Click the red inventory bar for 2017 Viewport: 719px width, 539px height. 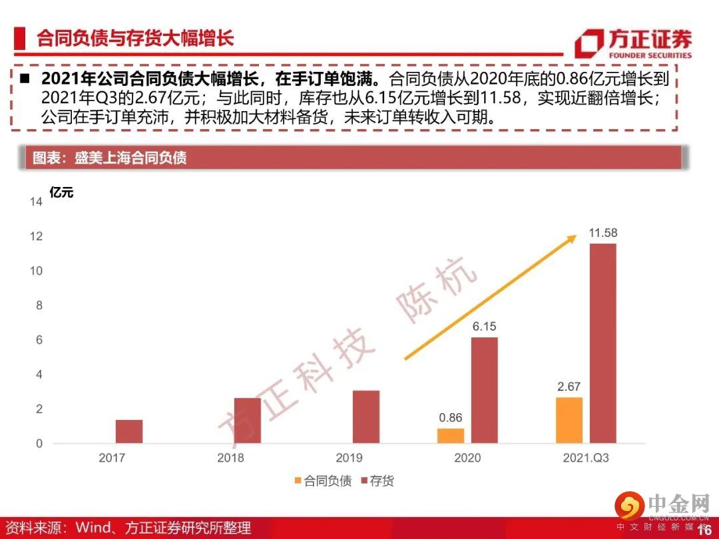click(128, 431)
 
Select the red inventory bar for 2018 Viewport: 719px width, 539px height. click(247, 421)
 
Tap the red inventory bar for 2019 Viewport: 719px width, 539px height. click(365, 417)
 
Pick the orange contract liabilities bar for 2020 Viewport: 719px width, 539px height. click(451, 436)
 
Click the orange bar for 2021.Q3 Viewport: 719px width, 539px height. click(569, 420)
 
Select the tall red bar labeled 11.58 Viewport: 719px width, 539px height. click(602, 343)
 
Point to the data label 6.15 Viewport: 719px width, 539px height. click(484, 327)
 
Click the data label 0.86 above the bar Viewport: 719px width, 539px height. click(451, 418)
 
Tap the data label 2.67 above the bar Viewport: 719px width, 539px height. click(569, 387)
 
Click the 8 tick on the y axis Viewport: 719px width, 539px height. click(39, 305)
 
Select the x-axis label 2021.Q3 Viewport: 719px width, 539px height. click(586, 458)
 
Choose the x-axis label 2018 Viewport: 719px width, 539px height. click(230, 458)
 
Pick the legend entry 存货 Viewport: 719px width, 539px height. click(377, 480)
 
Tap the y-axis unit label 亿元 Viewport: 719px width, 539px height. click(61, 193)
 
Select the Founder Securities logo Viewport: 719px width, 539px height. click(632, 43)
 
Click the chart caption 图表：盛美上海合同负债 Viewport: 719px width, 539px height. click(110, 158)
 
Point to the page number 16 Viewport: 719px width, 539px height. click(704, 530)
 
